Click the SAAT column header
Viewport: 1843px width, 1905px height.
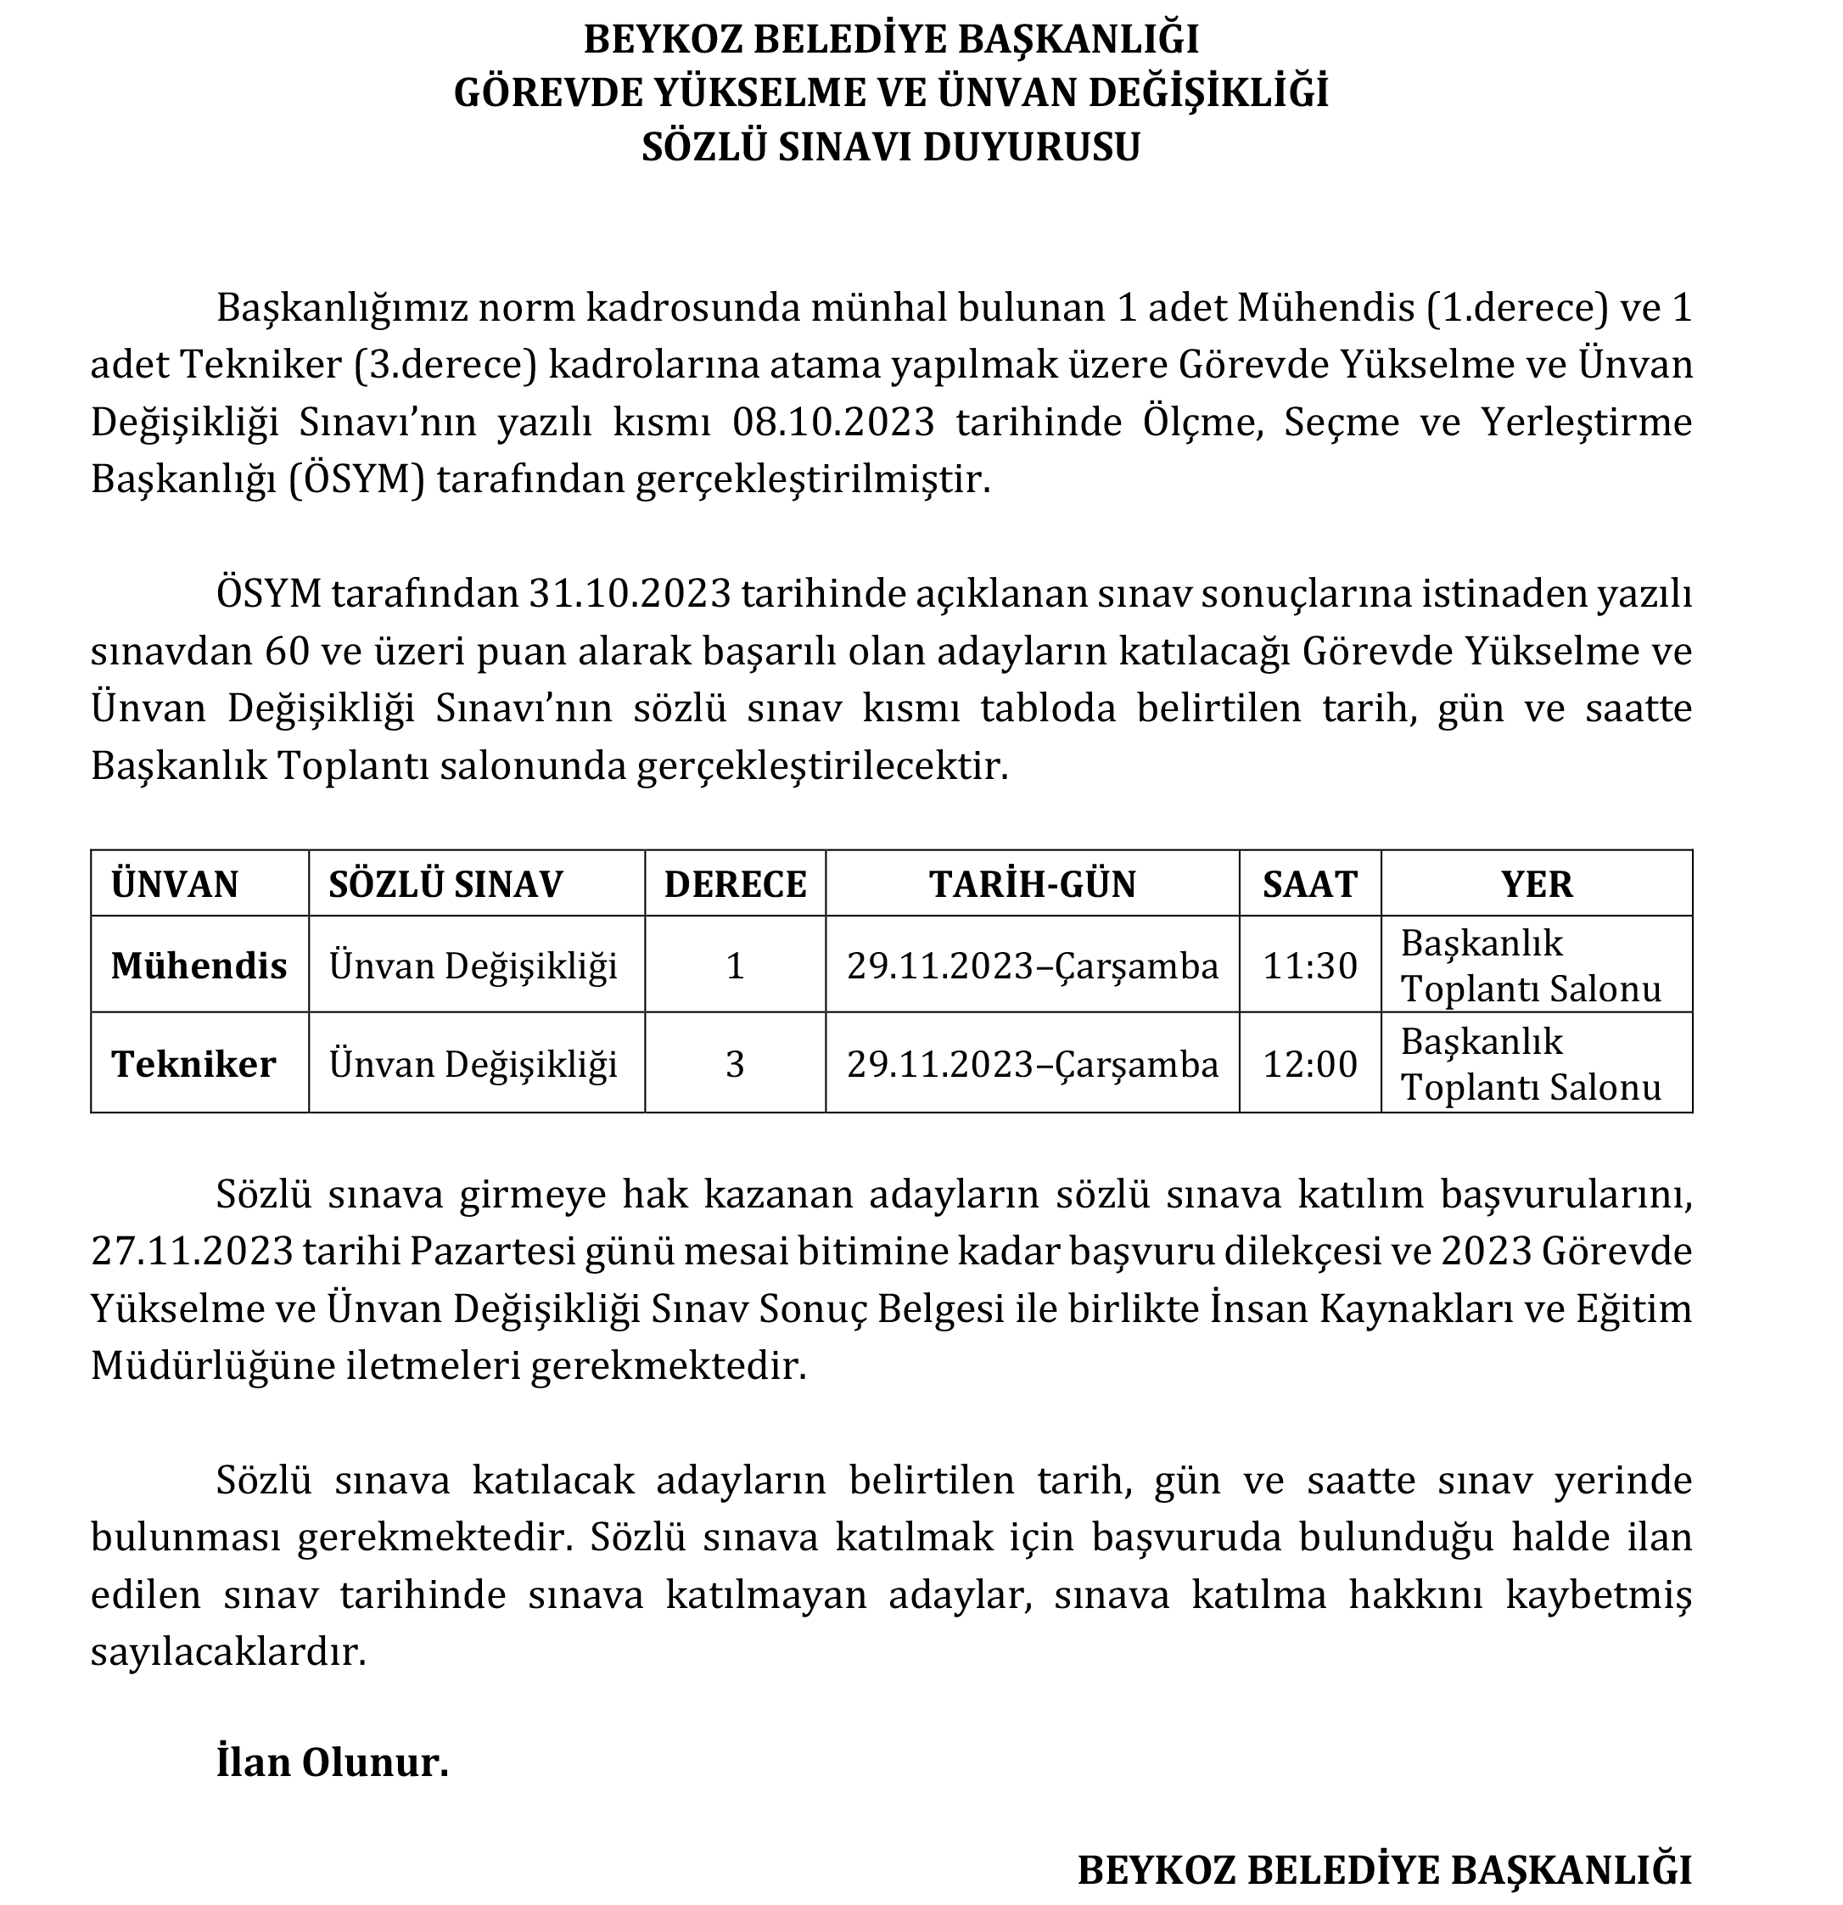pos(1308,884)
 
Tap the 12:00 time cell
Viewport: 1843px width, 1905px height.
pos(1308,1064)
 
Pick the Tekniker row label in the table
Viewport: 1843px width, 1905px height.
pos(193,1064)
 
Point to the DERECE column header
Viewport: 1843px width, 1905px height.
pos(735,884)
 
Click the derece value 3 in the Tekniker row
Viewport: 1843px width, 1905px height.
pos(735,1064)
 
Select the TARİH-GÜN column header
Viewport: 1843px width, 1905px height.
pos(1033,884)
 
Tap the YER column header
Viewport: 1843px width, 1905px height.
pos(1536,884)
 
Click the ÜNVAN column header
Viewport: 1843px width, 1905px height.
pos(175,884)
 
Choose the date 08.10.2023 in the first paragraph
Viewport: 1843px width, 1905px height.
pos(833,423)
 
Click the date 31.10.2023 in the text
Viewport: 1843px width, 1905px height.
pos(629,594)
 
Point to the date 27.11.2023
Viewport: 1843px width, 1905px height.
pos(192,1252)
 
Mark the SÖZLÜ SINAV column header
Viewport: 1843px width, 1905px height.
pos(445,884)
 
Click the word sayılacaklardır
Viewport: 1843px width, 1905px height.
pos(228,1652)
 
